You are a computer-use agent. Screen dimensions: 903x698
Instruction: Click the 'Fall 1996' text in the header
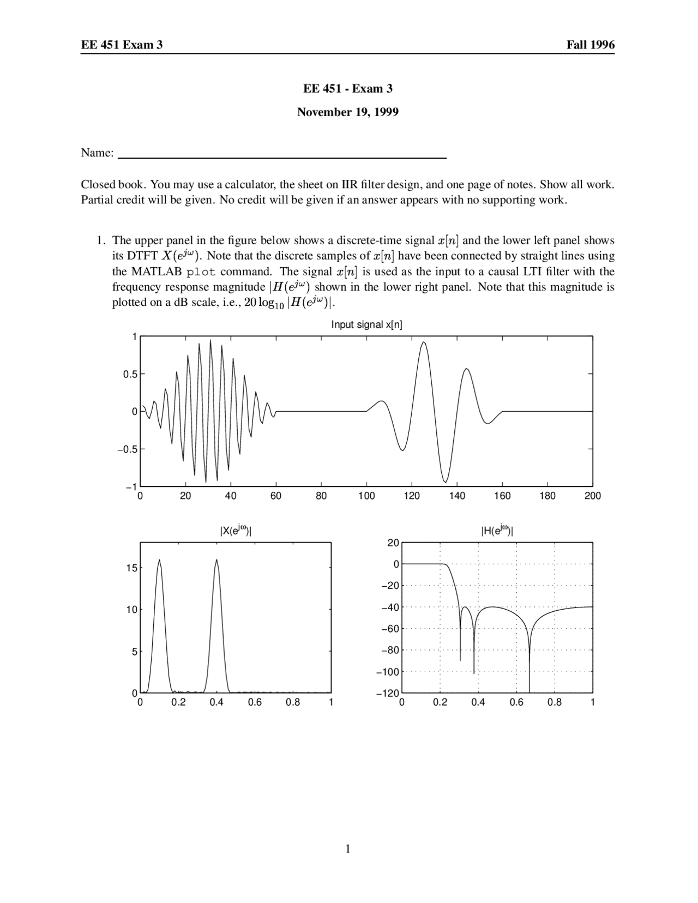590,45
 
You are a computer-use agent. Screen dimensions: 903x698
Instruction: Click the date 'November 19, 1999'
347,112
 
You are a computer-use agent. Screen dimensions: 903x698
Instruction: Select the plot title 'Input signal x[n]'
366,324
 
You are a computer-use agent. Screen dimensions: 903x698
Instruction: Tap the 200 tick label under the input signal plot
592,496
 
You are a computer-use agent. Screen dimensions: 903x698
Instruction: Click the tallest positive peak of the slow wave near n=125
424,342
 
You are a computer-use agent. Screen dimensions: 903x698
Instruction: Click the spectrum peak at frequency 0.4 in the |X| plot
216,560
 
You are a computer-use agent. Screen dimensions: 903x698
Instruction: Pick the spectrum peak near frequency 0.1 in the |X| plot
159,560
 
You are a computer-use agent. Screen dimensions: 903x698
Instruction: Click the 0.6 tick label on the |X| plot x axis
255,702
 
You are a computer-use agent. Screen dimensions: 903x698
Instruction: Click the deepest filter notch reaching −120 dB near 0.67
529,690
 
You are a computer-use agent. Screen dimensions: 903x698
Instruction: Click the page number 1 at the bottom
348,848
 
